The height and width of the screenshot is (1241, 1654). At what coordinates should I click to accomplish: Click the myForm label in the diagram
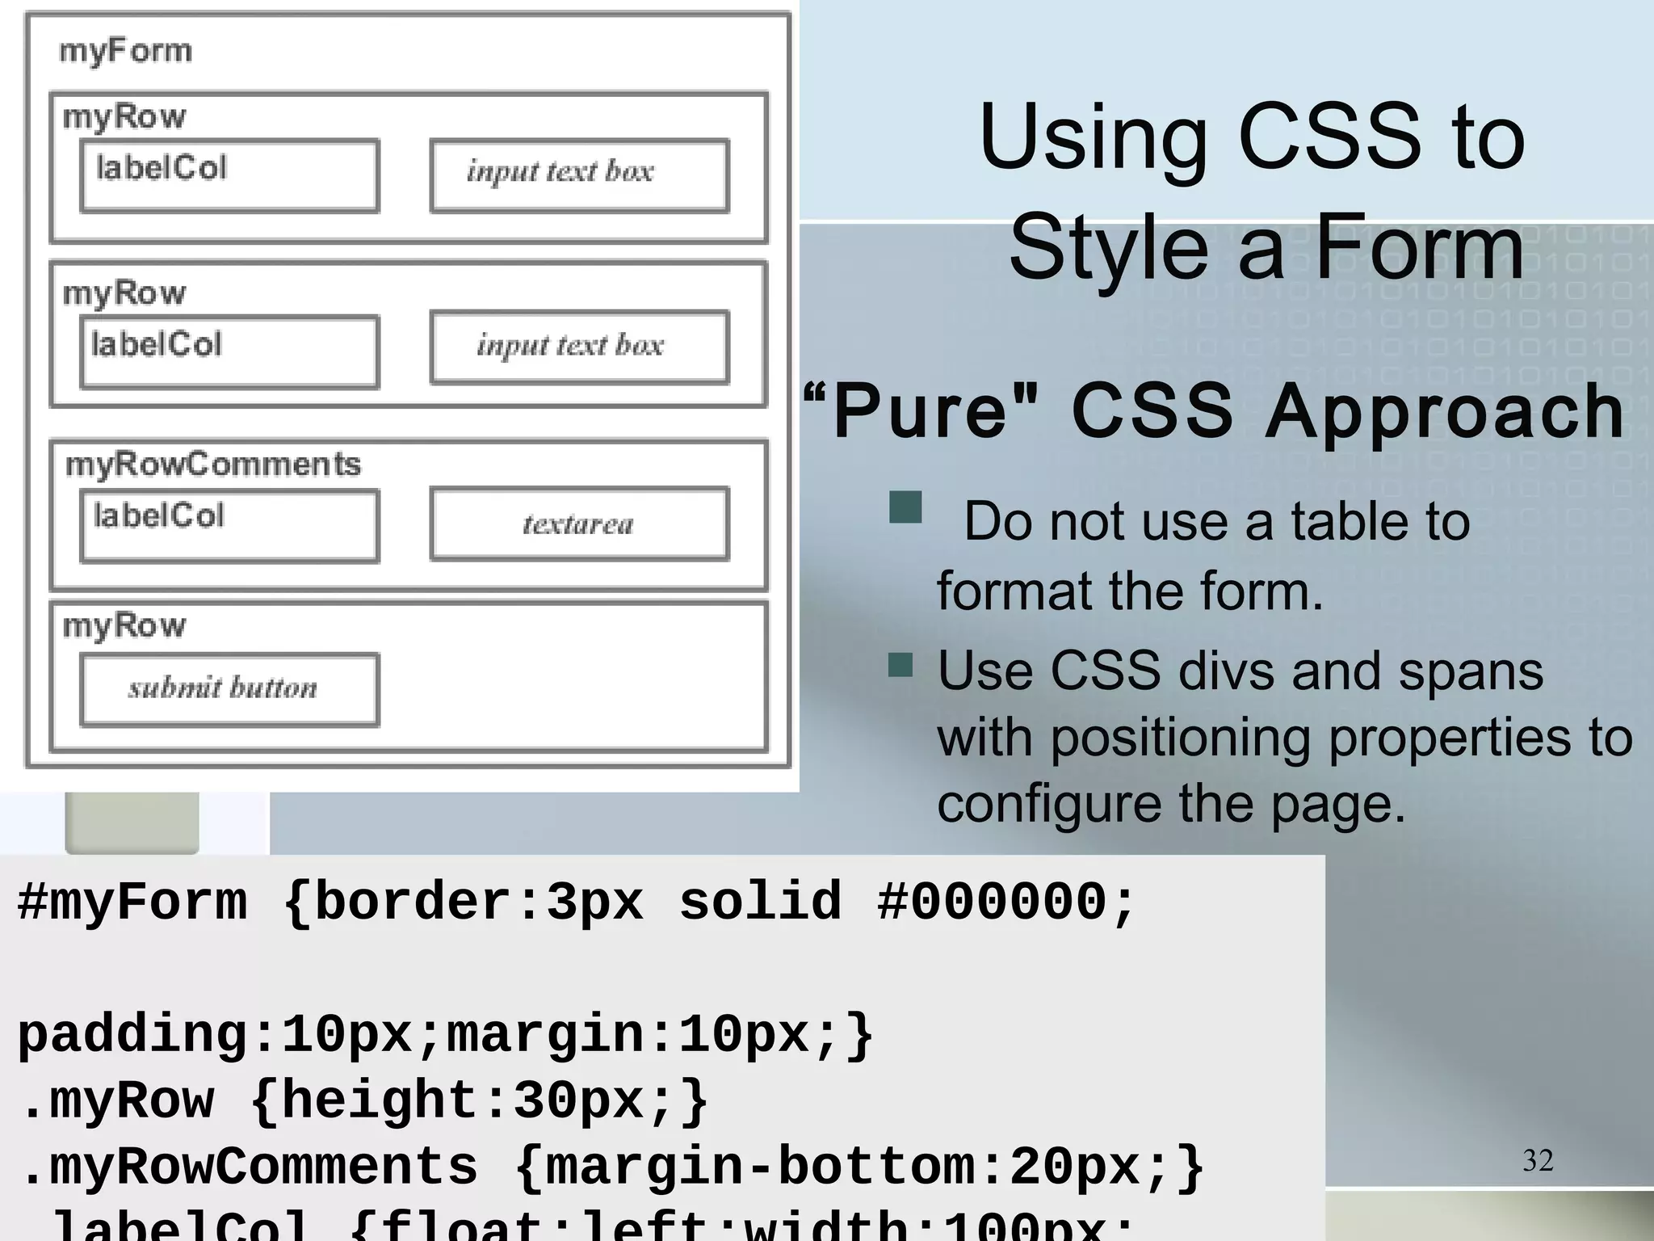[125, 51]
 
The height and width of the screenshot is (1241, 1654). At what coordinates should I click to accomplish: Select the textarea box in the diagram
[579, 524]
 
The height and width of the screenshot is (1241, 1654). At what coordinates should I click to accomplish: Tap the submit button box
[229, 688]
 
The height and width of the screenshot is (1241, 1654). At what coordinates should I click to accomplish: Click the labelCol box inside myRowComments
[229, 525]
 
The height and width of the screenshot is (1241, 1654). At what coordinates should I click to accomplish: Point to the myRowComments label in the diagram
[212, 464]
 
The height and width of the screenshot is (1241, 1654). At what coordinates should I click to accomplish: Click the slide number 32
[1538, 1160]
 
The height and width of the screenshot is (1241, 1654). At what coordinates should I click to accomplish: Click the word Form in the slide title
[1419, 246]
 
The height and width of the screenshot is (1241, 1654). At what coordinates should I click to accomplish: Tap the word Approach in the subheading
[1444, 411]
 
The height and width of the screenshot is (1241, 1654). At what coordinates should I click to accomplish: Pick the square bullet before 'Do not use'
[905, 507]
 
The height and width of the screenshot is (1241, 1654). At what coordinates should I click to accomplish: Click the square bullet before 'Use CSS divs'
[900, 665]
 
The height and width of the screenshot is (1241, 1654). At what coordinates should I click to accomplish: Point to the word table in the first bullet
[1340, 521]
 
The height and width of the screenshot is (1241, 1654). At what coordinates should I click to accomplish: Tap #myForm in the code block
[132, 902]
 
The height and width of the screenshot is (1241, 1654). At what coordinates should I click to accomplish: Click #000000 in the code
[992, 902]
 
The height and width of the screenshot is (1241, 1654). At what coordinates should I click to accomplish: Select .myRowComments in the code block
[250, 1167]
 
